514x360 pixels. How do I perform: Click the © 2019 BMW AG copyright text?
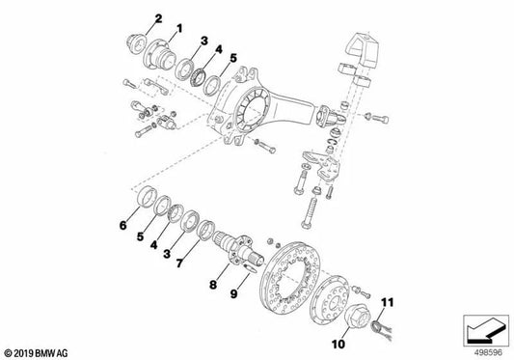pos(36,352)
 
